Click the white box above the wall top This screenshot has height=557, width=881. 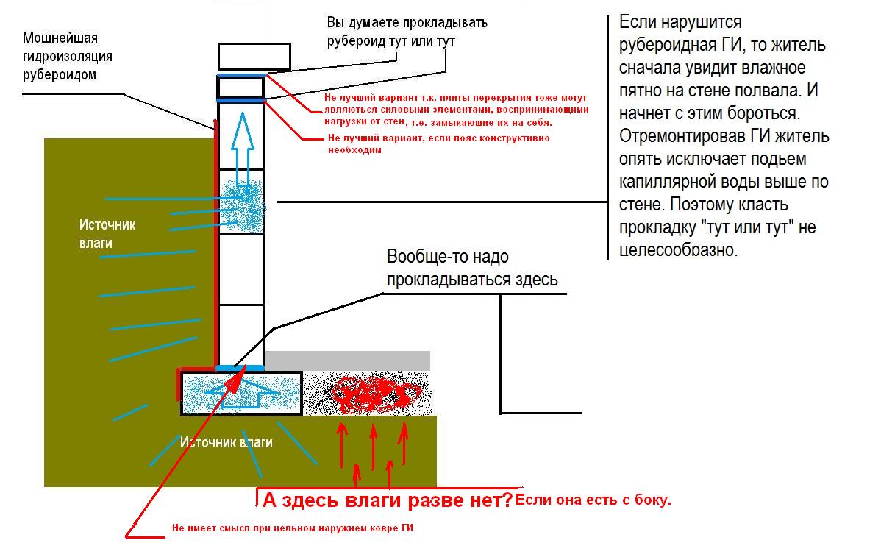254,57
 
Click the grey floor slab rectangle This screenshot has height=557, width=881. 347,361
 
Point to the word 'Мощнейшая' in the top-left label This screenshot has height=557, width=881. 60,38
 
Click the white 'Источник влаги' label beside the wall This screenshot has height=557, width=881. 107,234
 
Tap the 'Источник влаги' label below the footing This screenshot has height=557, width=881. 226,442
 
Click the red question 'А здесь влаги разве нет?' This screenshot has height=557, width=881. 388,500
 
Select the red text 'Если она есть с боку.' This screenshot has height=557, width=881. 593,500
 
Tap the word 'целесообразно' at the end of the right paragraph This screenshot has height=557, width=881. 678,250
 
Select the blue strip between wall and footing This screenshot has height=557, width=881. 240,368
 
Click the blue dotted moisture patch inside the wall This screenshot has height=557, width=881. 242,206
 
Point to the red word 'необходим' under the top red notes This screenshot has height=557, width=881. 354,150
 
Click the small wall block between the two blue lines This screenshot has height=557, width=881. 240,88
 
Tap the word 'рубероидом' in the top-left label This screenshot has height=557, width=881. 60,75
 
